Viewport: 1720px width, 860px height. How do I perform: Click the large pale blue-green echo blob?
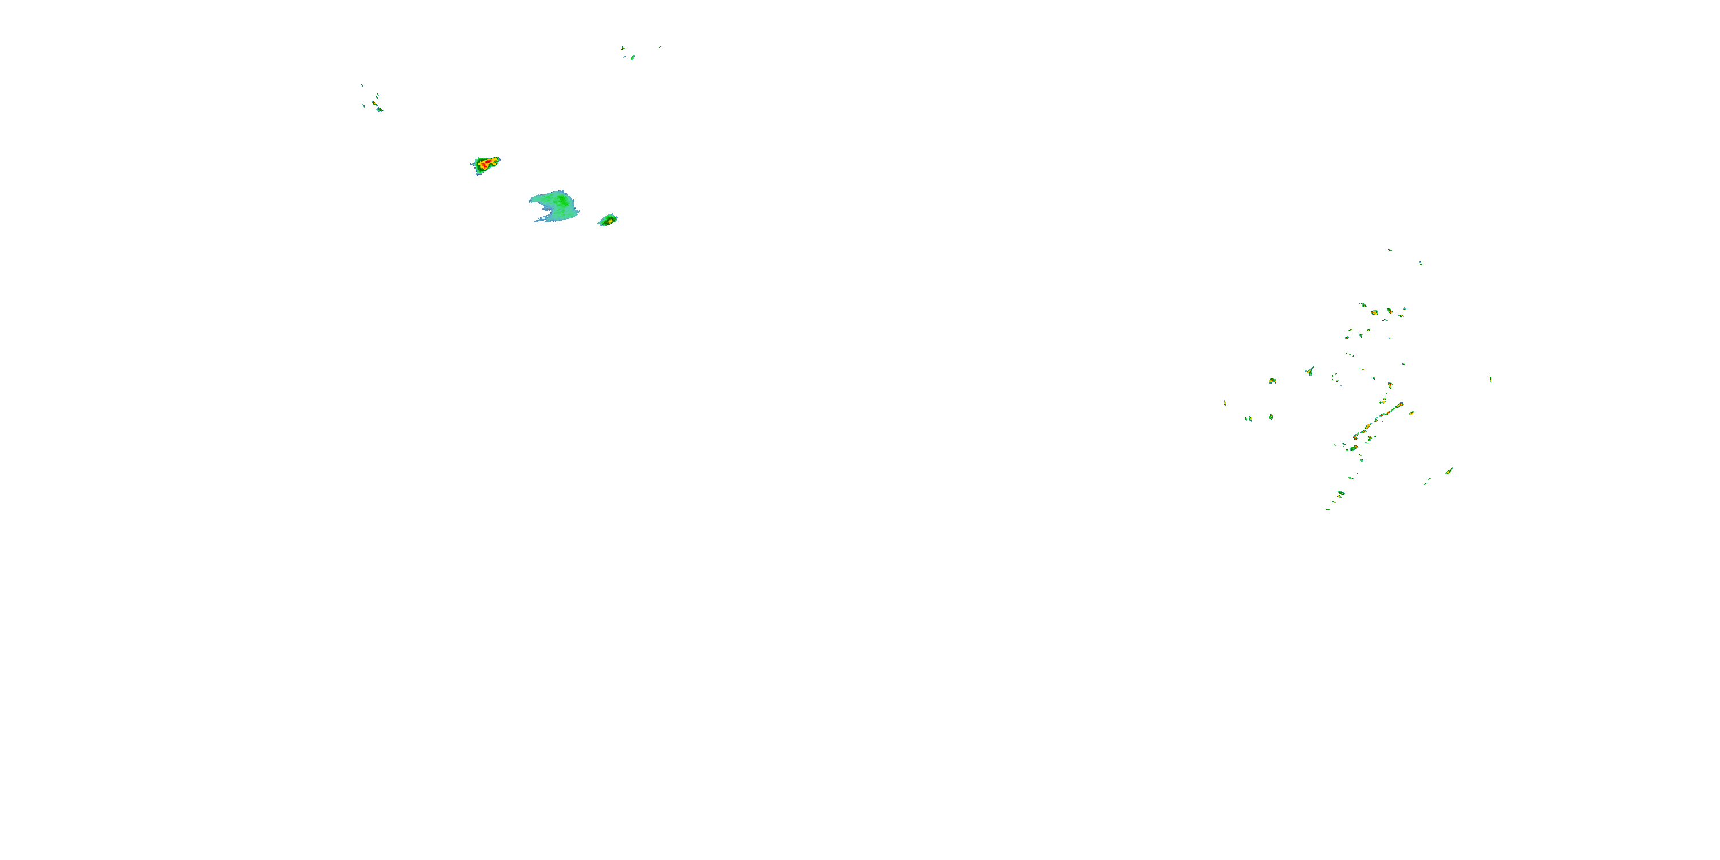click(x=554, y=206)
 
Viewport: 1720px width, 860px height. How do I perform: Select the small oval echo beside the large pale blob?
click(x=608, y=220)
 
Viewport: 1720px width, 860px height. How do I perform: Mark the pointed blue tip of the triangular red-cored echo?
click(x=473, y=164)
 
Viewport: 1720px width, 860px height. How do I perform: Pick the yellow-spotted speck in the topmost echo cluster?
click(x=632, y=57)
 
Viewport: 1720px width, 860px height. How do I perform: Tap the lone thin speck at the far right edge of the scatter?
click(x=1490, y=379)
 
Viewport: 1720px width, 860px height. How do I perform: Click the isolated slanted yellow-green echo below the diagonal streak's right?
click(x=1449, y=471)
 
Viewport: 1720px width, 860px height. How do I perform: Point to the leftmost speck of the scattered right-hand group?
click(x=1225, y=402)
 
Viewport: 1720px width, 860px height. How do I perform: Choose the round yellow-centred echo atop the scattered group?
click(x=1374, y=312)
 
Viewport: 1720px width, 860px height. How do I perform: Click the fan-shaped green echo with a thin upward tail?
click(x=1310, y=370)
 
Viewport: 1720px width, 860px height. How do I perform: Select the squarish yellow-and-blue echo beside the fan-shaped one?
click(x=1273, y=381)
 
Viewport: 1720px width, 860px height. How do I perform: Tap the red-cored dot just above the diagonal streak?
click(x=1390, y=385)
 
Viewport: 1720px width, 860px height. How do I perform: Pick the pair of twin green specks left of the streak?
click(x=1248, y=419)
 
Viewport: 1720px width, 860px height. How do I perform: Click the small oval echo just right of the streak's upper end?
click(x=1412, y=413)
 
